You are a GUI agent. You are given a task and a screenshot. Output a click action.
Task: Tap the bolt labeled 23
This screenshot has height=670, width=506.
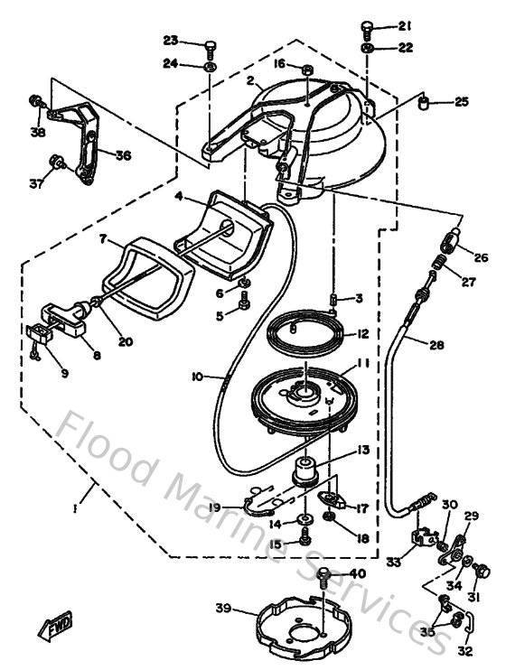click(x=210, y=44)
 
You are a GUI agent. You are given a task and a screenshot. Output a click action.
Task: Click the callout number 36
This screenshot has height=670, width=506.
click(x=122, y=154)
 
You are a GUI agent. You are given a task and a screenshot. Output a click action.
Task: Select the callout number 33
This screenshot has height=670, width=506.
click(x=392, y=562)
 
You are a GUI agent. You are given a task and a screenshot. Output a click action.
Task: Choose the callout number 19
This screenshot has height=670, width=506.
click(x=213, y=508)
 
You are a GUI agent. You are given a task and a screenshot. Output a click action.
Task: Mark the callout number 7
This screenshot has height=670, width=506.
click(x=104, y=239)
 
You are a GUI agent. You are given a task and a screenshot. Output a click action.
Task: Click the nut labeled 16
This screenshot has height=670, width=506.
click(x=306, y=69)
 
